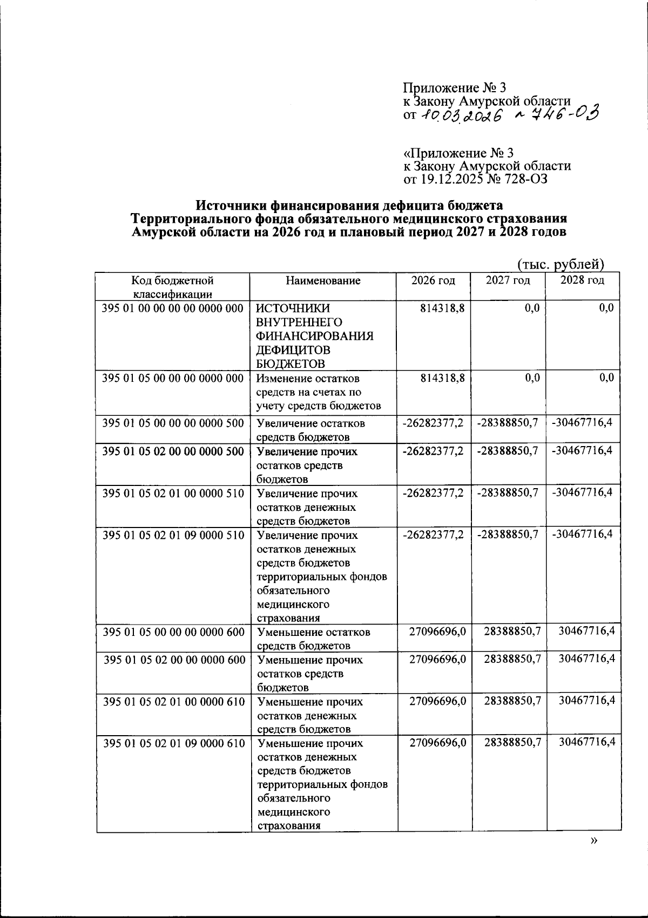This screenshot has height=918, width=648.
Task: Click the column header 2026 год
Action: tap(433, 280)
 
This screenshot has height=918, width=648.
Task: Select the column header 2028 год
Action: tap(582, 280)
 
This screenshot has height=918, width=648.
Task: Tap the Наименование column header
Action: tap(323, 280)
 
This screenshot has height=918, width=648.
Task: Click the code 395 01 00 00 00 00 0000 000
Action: tap(173, 309)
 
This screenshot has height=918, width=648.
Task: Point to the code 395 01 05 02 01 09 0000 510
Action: tap(173, 536)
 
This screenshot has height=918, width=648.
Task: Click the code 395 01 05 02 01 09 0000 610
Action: tap(174, 743)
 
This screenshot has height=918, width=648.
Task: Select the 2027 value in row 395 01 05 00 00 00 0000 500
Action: tap(508, 423)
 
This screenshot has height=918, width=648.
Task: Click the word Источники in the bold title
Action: tap(231, 205)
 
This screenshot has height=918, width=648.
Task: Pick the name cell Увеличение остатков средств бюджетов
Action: tap(311, 429)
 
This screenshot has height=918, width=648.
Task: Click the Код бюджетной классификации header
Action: tap(173, 287)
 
